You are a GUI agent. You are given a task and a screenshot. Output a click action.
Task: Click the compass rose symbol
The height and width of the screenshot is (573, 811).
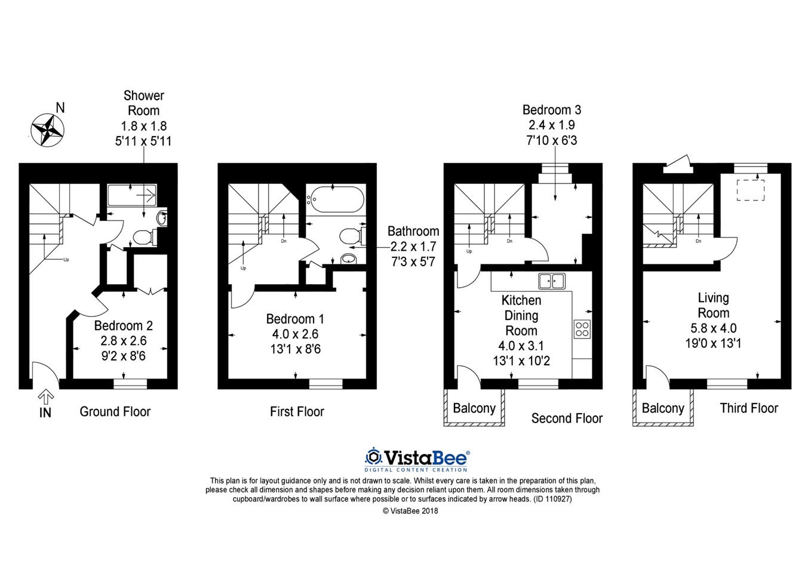point(47,131)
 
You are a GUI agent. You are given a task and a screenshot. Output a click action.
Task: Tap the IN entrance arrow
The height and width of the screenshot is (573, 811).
point(46,397)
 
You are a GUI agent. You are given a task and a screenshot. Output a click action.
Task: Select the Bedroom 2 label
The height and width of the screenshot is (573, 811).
point(124,325)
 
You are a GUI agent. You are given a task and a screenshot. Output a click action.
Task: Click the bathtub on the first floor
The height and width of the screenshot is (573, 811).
point(336,199)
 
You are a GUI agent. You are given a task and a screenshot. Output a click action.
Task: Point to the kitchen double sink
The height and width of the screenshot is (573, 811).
point(551,281)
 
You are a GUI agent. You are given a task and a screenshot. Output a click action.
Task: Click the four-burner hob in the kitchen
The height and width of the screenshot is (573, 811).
point(582,329)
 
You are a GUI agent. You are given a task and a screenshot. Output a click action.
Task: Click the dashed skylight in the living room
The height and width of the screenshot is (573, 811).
point(751,190)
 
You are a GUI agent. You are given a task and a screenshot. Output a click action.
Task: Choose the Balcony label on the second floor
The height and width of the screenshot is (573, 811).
point(474,408)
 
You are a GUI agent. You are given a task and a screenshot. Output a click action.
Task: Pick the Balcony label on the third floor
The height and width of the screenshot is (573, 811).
point(663,408)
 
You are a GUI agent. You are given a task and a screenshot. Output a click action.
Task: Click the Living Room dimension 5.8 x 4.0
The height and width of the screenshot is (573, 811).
point(713,328)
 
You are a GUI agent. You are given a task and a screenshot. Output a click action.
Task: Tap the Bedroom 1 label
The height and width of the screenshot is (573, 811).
point(295,319)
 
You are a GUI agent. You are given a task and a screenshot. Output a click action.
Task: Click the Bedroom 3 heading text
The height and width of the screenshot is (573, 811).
point(552,110)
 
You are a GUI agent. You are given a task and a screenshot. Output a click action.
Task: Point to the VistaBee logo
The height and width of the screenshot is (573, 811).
point(417,460)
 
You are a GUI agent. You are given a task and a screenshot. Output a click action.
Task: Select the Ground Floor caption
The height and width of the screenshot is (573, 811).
point(115,411)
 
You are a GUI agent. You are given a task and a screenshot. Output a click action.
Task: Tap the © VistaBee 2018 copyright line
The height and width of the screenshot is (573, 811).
point(410,511)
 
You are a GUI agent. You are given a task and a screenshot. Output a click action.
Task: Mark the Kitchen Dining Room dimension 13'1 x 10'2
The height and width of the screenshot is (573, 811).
point(521,361)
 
